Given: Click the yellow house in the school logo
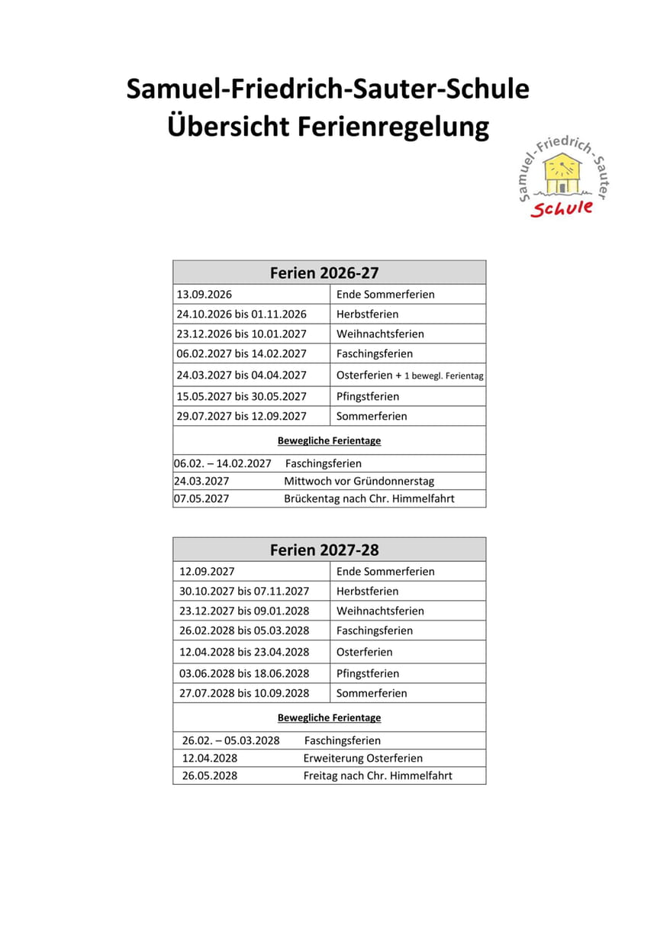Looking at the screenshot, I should tap(562, 174).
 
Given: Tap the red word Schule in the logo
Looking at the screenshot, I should tap(562, 208).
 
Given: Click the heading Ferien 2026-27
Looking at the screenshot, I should tap(324, 273).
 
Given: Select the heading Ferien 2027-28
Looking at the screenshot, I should tap(324, 550).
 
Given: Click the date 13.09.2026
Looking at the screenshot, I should tap(205, 295).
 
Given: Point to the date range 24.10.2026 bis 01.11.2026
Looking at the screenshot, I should tap(241, 315).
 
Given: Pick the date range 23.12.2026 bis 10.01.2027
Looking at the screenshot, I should tap(241, 334).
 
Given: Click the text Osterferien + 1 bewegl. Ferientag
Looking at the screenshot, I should tap(410, 376).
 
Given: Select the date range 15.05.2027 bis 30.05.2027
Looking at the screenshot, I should tap(241, 397).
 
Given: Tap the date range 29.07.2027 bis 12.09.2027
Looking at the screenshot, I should tap(241, 417).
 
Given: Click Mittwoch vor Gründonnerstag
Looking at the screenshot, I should tap(359, 482).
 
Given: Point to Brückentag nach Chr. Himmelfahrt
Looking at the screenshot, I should tap(369, 499).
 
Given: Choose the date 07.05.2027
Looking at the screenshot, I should tap(201, 499).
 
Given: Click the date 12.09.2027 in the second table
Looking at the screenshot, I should tap(207, 572).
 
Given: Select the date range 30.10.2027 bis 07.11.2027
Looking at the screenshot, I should tap(244, 592).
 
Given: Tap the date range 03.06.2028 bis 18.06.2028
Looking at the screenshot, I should tap(244, 674).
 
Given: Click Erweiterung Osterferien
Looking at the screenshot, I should tap(362, 759).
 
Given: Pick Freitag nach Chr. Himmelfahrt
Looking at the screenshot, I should tap(378, 776).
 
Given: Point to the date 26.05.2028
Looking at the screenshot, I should tap(210, 776).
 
